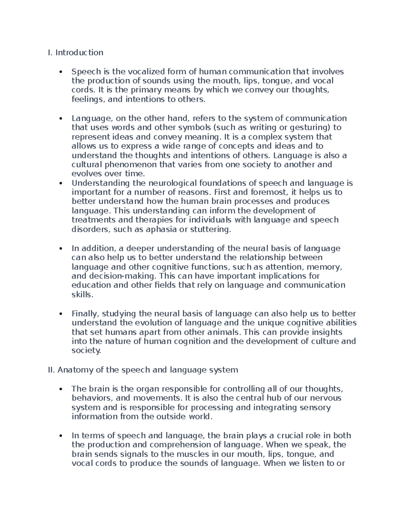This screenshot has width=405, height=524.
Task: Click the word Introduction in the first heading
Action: click(79, 53)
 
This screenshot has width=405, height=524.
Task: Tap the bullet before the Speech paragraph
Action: click(61, 72)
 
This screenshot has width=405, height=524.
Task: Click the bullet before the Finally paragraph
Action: click(61, 314)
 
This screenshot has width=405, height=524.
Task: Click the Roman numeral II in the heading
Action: click(51, 370)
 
